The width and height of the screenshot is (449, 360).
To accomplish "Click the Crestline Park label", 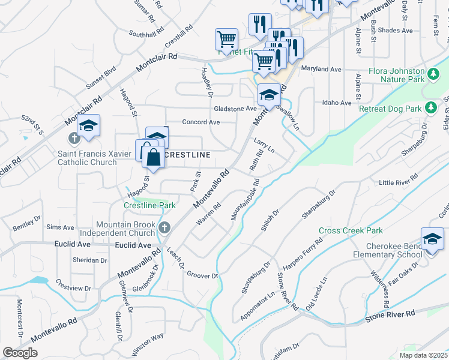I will (149, 205).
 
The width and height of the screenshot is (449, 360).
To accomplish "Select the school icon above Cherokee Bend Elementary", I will (432, 239).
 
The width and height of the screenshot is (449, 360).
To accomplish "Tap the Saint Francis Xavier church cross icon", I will (74, 139).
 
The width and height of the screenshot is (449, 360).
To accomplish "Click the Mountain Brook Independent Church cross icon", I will (166, 227).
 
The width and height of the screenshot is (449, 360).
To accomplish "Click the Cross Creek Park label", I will (351, 230).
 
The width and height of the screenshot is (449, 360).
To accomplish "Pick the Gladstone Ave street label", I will (235, 109).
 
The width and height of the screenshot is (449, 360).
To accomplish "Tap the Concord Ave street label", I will (201, 122).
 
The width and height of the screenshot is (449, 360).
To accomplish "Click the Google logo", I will (20, 352).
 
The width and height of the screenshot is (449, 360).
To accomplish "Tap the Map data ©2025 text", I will (422, 355).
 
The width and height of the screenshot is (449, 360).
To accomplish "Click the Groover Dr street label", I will (201, 275).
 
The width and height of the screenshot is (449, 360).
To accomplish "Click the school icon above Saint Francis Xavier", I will (88, 126).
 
